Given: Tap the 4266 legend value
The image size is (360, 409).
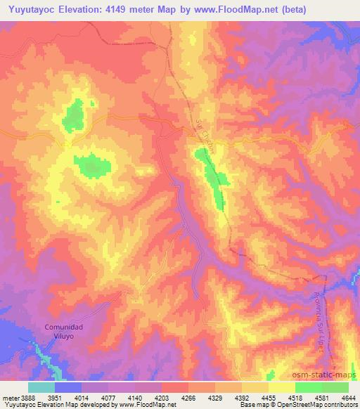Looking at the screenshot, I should click(x=188, y=397).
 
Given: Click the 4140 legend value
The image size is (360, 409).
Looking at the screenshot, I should click(x=135, y=397).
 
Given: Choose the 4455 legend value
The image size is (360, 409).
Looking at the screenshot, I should click(x=268, y=397).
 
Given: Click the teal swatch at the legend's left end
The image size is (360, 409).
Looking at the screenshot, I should click(x=41, y=387).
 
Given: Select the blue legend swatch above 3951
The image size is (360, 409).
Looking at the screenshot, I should click(x=68, y=387).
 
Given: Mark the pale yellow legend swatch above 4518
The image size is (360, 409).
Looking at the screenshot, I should click(x=281, y=387).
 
